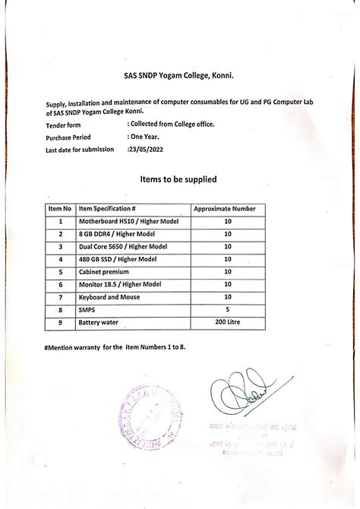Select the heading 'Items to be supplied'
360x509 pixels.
179,179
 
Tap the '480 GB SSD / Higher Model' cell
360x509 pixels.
115,259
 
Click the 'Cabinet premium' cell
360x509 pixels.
104,271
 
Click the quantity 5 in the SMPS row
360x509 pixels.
227,309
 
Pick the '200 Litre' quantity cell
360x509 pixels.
227,322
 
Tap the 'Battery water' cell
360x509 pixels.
99,322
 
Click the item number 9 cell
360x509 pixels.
59,322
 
